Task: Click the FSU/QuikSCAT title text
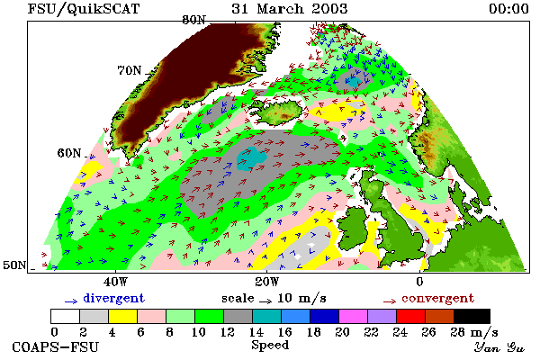pyautogui.click(x=84, y=8)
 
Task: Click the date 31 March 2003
pyautogui.click(x=290, y=8)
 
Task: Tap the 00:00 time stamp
pyautogui.click(x=508, y=8)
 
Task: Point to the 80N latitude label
pyautogui.click(x=193, y=20)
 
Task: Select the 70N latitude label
pyautogui.click(x=130, y=70)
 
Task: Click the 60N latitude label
pyautogui.click(x=69, y=153)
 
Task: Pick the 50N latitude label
pyautogui.click(x=14, y=265)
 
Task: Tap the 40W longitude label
pyautogui.click(x=116, y=282)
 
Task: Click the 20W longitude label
pyautogui.click(x=267, y=282)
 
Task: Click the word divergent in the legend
pyautogui.click(x=113, y=298)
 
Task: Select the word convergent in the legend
pyautogui.click(x=437, y=298)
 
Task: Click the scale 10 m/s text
pyautogui.click(x=274, y=298)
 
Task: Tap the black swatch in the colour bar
pyautogui.click(x=472, y=316)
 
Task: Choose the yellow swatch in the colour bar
pyautogui.click(x=123, y=316)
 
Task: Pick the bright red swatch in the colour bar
pyautogui.click(x=411, y=316)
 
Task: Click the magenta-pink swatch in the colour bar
pyautogui.click(x=354, y=316)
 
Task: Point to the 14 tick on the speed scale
pyautogui.click(x=256, y=332)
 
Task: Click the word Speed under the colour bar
pyautogui.click(x=270, y=346)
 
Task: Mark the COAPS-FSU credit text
pyautogui.click(x=55, y=346)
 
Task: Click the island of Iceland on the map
pyautogui.click(x=277, y=111)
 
